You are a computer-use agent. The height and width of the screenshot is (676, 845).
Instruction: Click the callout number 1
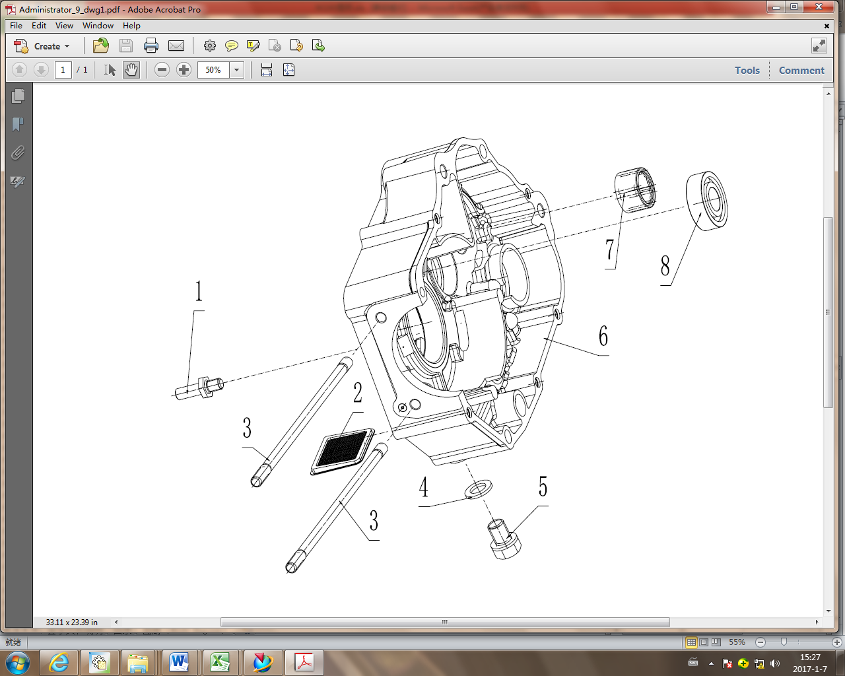(x=199, y=291)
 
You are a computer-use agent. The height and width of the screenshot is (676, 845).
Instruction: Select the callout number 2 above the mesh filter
(x=358, y=393)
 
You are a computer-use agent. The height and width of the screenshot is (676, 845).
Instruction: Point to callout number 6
(x=603, y=336)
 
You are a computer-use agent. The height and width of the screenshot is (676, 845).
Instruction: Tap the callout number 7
(x=609, y=250)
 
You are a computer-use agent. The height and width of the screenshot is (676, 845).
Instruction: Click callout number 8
(x=665, y=266)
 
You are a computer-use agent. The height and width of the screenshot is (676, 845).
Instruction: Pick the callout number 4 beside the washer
(x=424, y=488)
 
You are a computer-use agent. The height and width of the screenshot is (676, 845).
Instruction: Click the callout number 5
(x=543, y=487)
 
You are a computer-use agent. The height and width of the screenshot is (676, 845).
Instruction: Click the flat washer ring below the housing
(x=479, y=489)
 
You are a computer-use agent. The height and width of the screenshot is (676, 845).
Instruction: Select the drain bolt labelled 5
(x=504, y=539)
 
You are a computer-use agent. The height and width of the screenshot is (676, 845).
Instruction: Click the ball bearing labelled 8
(x=706, y=201)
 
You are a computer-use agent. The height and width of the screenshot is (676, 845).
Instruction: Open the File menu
(x=16, y=26)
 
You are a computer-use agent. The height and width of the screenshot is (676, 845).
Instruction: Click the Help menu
(x=131, y=26)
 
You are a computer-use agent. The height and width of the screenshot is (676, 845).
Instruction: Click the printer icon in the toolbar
(x=151, y=46)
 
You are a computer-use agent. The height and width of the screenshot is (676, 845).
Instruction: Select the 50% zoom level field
(x=213, y=70)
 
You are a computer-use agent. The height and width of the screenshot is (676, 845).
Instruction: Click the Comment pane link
(x=801, y=70)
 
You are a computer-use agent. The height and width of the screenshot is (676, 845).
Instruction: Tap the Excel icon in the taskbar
(x=219, y=661)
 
